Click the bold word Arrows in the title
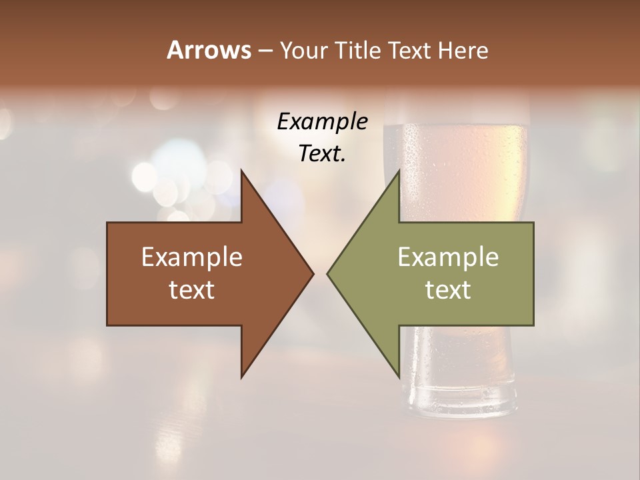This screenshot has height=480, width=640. pyautogui.click(x=209, y=50)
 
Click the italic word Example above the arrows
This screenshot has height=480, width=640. pyautogui.click(x=322, y=121)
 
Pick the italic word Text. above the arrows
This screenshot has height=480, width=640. pyautogui.click(x=322, y=153)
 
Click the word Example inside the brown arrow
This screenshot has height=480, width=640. pyautogui.click(x=192, y=257)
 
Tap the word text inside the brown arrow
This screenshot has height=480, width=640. pyautogui.click(x=192, y=289)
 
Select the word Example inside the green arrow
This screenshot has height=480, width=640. pyautogui.click(x=448, y=257)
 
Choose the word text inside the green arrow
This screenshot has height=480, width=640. pyautogui.click(x=448, y=289)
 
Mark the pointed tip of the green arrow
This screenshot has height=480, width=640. pyautogui.click(x=328, y=273)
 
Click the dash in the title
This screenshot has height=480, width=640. pyautogui.click(x=265, y=51)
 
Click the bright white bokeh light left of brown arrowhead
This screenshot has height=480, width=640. pyautogui.click(x=144, y=177)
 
